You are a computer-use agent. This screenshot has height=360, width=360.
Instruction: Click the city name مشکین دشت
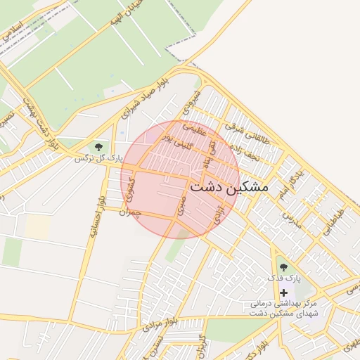229,187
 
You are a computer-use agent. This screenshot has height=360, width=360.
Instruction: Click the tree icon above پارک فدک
283,266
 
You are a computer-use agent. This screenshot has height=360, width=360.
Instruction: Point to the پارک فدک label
284,279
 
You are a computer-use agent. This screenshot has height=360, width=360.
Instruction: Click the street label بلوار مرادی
161,324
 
